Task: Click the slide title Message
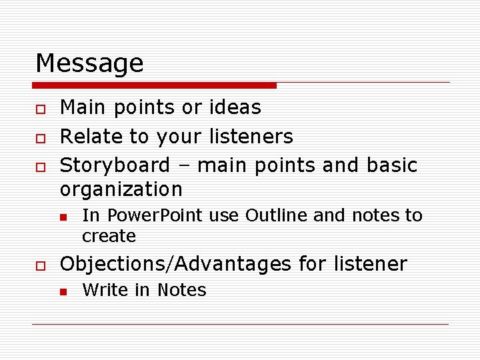click(89, 63)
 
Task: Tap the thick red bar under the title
click(155, 85)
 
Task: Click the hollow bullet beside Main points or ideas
click(41, 108)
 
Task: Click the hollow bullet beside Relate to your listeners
click(41, 137)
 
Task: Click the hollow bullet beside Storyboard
click(41, 165)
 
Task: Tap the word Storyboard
click(115, 165)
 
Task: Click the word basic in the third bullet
click(392, 165)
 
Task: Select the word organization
click(121, 190)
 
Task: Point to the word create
click(109, 236)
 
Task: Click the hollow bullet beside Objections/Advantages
click(41, 265)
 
